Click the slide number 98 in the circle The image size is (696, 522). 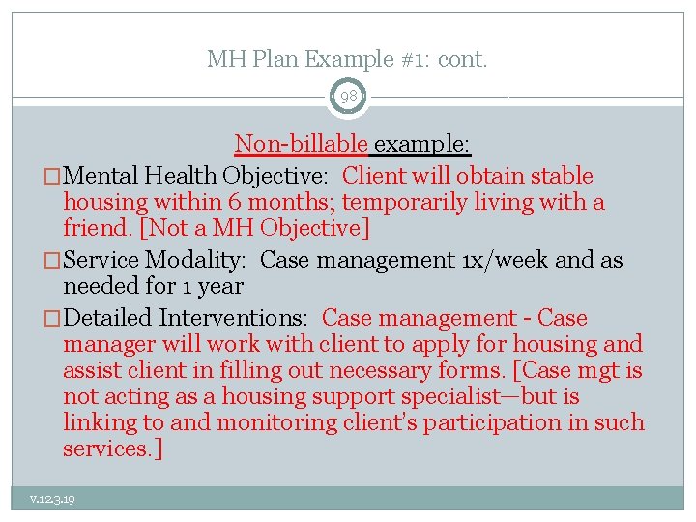click(x=348, y=97)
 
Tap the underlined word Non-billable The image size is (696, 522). click(x=301, y=145)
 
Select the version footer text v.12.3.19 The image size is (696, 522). click(x=52, y=499)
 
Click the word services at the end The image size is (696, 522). click(x=100, y=449)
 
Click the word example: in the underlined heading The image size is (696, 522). click(x=422, y=145)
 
